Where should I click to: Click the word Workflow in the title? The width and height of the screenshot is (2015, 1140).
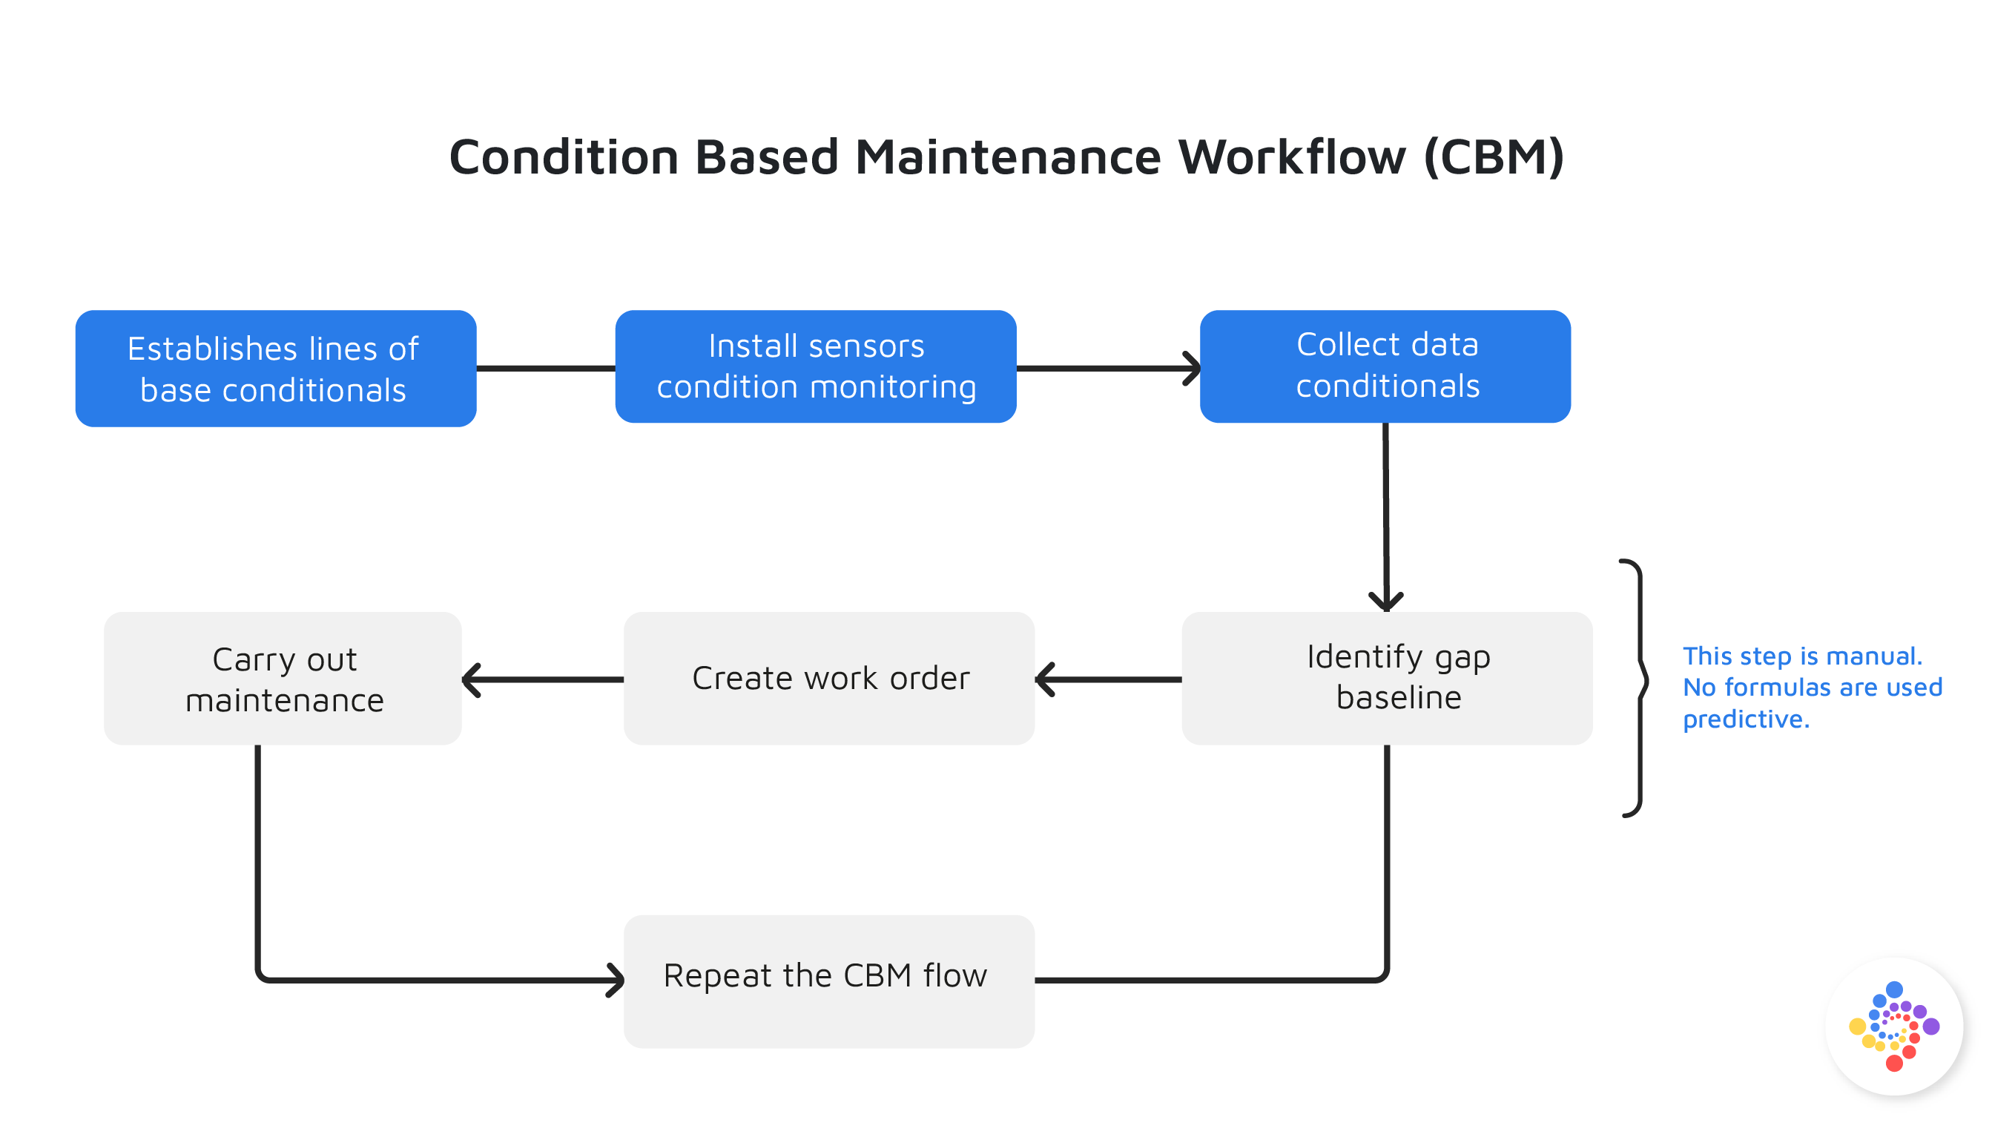point(1292,157)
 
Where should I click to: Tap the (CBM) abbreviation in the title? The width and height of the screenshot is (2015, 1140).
point(1493,157)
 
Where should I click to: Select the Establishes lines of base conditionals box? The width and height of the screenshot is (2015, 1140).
point(276,369)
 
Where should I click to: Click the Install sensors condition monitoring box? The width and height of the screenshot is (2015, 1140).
point(816,367)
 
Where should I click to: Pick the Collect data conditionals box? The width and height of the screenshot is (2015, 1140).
point(1385,367)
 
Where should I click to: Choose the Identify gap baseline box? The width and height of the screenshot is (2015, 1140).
point(1386,678)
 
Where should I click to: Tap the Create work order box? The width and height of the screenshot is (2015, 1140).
point(829,678)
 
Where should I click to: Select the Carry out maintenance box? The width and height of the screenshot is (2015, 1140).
point(283,678)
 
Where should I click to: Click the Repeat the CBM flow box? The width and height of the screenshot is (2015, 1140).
point(829,981)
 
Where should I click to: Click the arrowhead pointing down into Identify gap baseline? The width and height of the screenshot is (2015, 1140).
point(1385,602)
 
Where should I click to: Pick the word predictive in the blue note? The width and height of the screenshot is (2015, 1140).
point(1745,719)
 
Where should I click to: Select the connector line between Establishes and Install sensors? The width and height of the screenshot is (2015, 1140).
point(546,368)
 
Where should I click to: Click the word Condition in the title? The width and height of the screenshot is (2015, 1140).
point(564,157)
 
